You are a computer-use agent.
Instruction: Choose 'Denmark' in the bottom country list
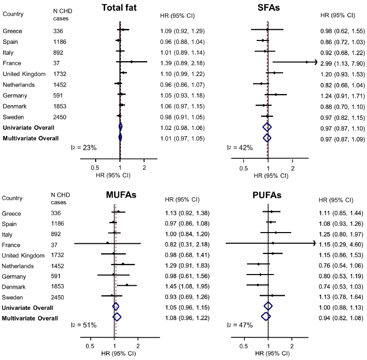point(14,300)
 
